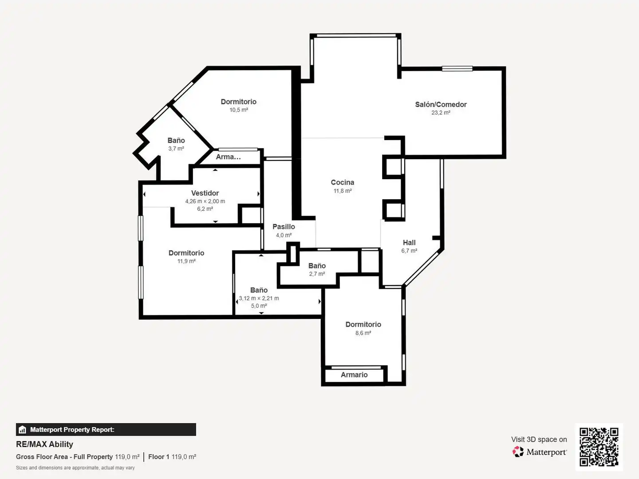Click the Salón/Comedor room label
pos(441,104)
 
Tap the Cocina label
pos(342,182)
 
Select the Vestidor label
pos(205,193)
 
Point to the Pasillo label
pos(284,227)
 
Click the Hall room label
pos(409,243)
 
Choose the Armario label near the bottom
pos(354,375)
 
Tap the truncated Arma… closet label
pos(228,157)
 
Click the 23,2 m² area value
pos(441,113)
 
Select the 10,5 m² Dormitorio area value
pos(238,110)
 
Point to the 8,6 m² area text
pos(363,333)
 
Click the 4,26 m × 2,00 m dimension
pos(205,201)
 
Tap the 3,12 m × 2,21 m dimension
pos(259,298)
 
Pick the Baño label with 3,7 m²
pos(176,141)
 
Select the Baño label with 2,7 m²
pos(317,266)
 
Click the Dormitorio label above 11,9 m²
pos(186,253)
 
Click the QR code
pos(599,447)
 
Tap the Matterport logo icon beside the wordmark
pos(518,452)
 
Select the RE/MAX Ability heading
pos(44,444)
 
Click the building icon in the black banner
pos(23,430)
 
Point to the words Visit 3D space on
pos(539,440)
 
